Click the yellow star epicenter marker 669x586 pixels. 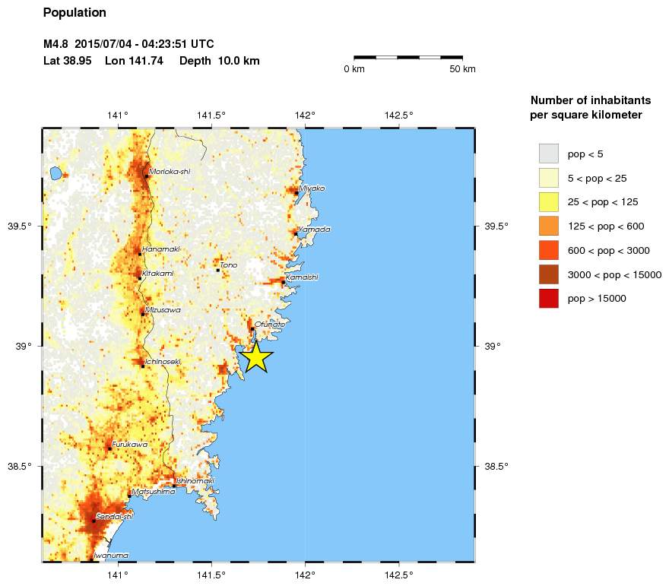257,356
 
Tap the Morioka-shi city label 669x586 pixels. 170,172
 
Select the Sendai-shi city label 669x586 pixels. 114,517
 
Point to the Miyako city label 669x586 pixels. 312,188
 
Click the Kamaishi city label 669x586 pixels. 302,277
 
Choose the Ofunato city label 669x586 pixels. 270,325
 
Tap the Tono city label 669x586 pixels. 229,265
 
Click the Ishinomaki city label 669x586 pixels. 195,481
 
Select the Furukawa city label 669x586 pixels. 129,445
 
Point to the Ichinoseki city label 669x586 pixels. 163,362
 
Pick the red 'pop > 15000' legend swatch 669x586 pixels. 548,299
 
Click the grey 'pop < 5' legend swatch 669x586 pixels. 548,154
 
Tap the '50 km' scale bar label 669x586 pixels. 462,70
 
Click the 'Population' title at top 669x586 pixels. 75,13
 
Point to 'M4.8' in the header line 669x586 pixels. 57,44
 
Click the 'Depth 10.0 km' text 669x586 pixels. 220,60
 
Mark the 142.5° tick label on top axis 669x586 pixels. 400,116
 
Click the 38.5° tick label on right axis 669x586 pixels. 496,467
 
